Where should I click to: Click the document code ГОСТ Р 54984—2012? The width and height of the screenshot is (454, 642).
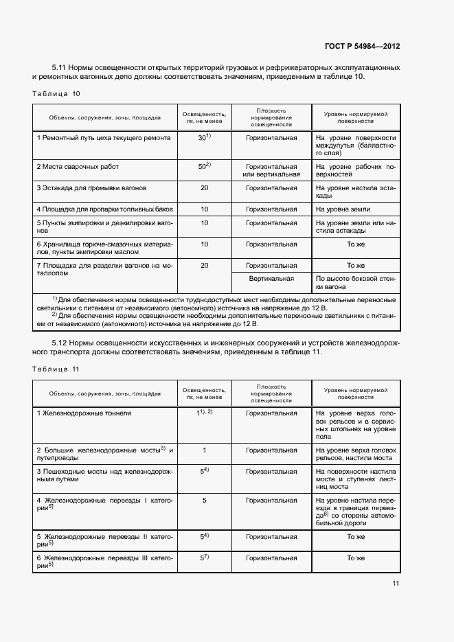point(362,46)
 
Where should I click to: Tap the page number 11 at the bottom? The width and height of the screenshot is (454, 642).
point(396,584)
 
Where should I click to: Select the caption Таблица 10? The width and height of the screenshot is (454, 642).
point(56,93)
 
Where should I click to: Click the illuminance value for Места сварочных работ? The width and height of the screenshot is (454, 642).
point(204,166)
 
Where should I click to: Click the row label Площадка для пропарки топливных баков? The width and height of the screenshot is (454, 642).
point(105,209)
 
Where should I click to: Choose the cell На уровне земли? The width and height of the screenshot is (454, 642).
point(343,209)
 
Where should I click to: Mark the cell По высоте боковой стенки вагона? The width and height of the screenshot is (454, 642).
point(355,283)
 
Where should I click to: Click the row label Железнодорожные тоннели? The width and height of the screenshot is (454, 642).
point(84,413)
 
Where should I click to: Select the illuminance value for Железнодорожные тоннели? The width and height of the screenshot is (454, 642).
point(204,413)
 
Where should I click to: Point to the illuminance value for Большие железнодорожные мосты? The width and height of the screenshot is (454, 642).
point(204,450)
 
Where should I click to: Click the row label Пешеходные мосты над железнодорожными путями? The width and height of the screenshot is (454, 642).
point(105,477)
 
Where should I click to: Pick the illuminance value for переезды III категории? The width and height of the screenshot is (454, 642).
point(204,558)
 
